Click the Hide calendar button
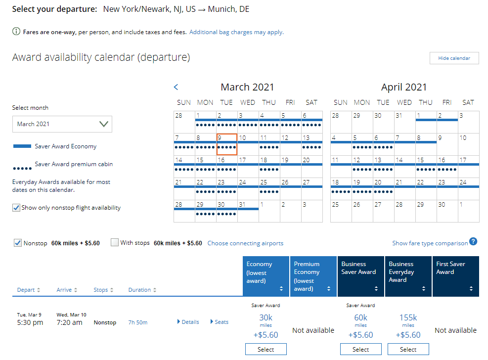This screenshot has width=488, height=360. click(454, 58)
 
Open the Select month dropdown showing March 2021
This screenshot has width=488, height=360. click(62, 124)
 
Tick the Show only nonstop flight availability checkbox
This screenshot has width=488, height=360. click(17, 208)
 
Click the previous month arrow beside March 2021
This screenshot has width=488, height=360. click(176, 88)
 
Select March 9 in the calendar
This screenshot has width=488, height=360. click(226, 144)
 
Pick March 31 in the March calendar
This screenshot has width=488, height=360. click(248, 211)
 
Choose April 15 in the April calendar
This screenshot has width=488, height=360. click(426, 166)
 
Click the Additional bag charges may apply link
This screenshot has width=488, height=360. click(236, 32)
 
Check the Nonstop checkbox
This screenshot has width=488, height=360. click(17, 243)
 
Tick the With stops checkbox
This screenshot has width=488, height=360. click(115, 243)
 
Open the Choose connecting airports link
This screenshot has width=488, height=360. click(245, 243)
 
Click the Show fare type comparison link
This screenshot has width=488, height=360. click(430, 243)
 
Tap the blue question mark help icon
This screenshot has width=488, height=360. click(473, 242)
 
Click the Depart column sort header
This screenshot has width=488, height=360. click(29, 290)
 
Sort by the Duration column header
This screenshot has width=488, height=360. click(142, 290)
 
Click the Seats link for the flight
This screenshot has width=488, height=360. click(219, 322)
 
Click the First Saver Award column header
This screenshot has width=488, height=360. click(455, 276)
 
